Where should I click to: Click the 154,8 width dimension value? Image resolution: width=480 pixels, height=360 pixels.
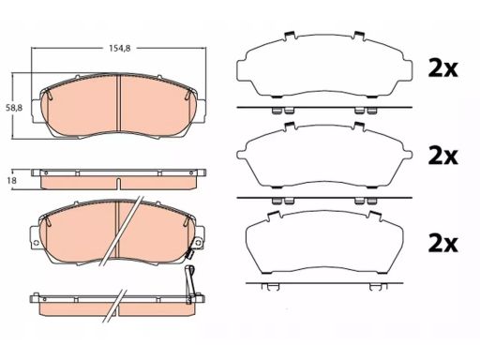(119, 49)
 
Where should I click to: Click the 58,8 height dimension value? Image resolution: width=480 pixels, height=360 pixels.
(14, 108)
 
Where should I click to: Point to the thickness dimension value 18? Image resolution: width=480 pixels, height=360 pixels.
(12, 181)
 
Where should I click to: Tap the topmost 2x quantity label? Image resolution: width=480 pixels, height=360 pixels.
(442, 68)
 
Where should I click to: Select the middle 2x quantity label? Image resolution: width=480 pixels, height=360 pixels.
(442, 156)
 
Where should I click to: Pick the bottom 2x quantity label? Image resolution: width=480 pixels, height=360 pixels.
(442, 243)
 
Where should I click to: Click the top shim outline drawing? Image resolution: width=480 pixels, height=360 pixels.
(324, 65)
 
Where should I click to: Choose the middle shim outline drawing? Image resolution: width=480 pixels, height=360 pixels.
(324, 155)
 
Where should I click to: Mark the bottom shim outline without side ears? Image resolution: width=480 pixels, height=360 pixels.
(324, 243)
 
